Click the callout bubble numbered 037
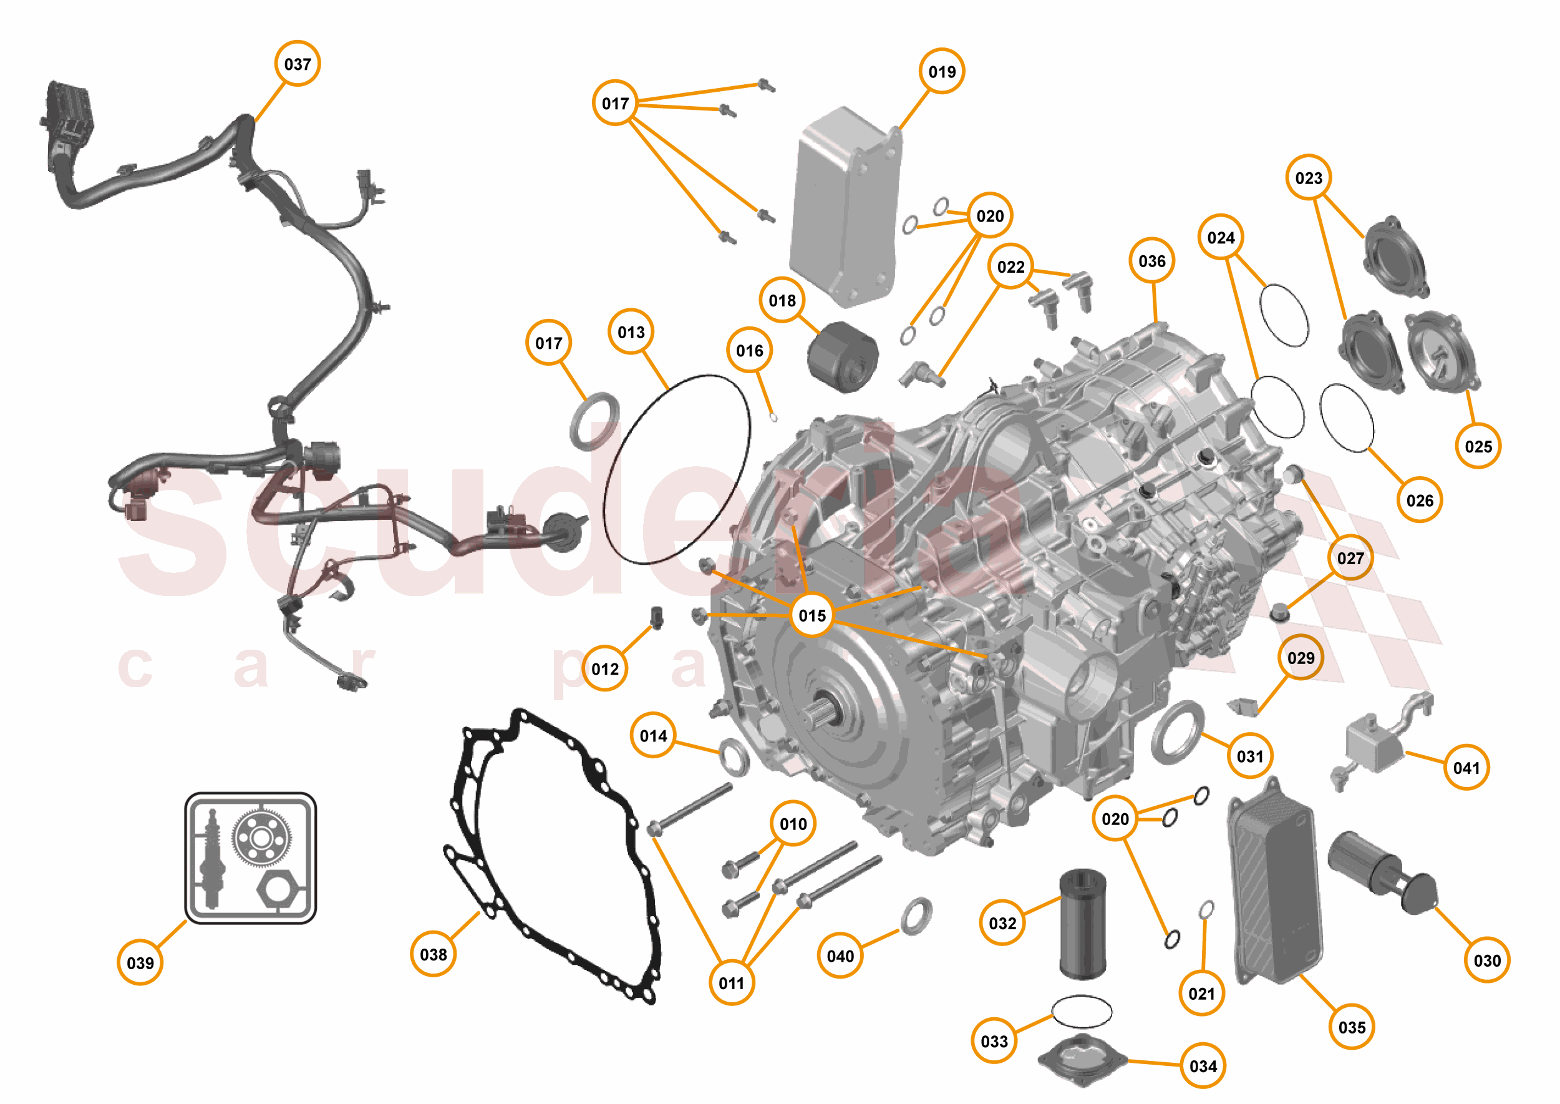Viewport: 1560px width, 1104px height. [297, 64]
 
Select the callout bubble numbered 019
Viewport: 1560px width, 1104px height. [941, 71]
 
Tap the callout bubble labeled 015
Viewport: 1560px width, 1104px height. [812, 615]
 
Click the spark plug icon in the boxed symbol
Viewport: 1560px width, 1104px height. [212, 858]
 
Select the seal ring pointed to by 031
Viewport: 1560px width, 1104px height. [1178, 733]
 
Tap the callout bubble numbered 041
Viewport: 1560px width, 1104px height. [1466, 768]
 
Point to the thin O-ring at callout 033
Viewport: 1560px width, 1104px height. [1082, 1012]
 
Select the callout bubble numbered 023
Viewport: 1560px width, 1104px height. [1308, 178]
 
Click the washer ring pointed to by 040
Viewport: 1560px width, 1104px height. [916, 914]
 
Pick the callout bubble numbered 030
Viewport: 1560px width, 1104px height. [1486, 960]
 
